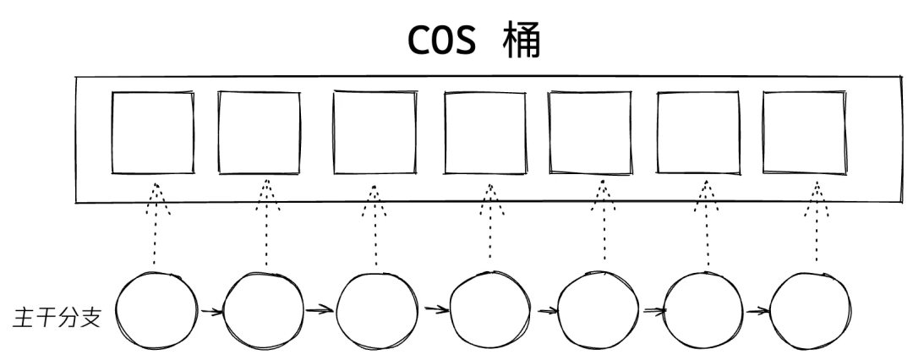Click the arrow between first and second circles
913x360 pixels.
pyautogui.click(x=211, y=313)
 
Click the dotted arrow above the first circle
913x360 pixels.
pyautogui.click(x=156, y=224)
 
